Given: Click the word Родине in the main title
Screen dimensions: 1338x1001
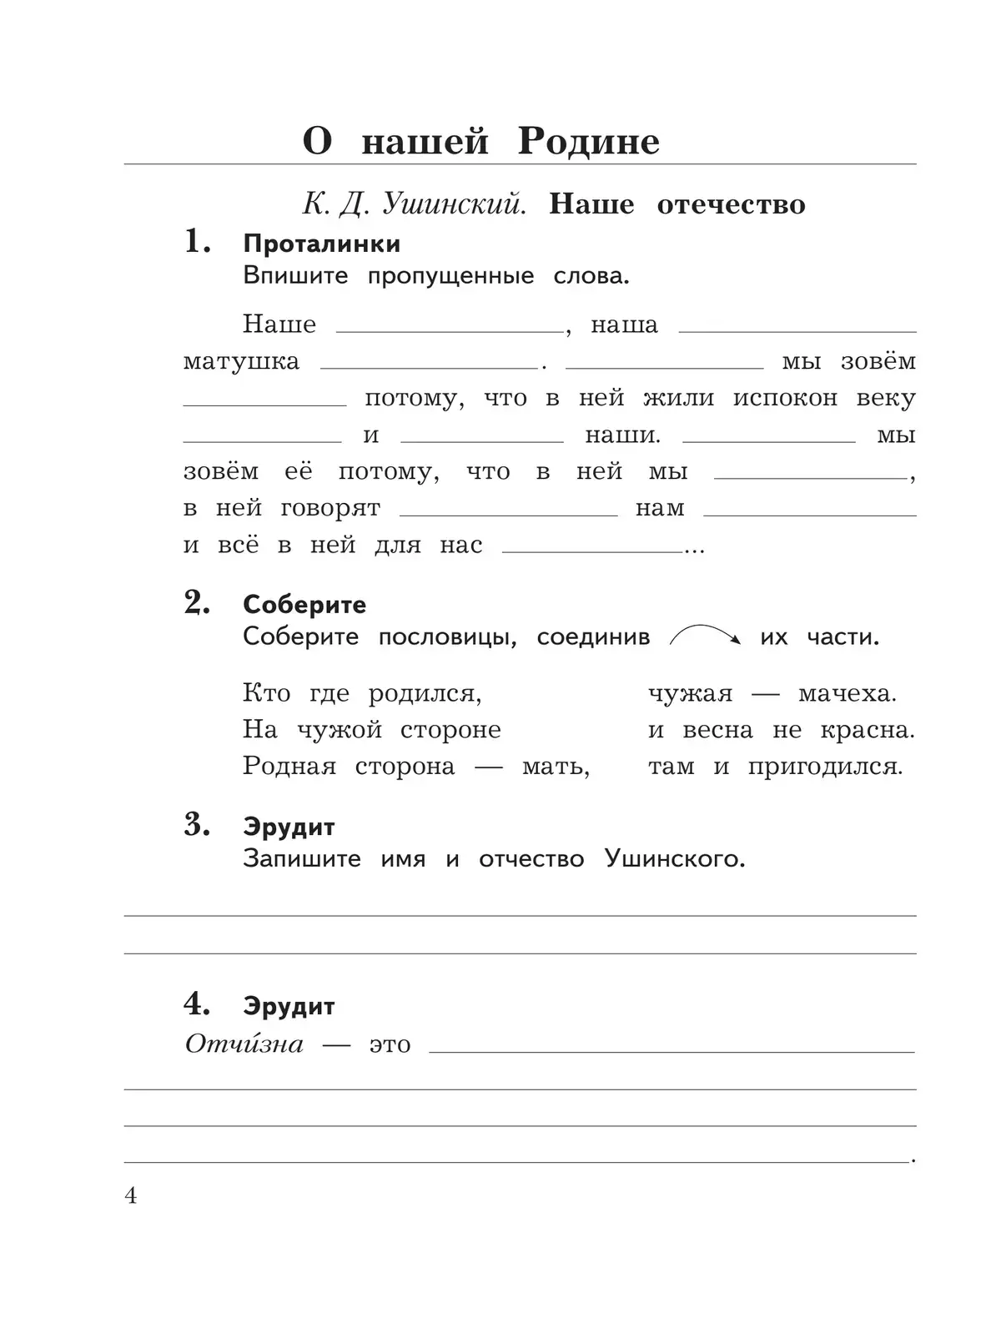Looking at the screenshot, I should [588, 141].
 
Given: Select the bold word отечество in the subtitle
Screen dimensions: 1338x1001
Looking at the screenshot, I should [731, 204].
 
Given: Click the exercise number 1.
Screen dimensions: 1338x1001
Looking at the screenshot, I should [196, 242].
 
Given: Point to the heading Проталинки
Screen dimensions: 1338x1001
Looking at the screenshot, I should [321, 244].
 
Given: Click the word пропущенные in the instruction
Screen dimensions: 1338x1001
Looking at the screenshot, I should [450, 276].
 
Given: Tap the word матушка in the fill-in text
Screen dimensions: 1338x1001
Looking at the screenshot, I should [241, 362].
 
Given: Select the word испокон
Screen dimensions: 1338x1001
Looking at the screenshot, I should [785, 399].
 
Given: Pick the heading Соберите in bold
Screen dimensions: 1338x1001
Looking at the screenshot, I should [304, 605].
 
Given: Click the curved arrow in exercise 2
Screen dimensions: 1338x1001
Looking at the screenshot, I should [705, 636].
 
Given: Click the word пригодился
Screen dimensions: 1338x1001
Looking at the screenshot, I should [825, 767].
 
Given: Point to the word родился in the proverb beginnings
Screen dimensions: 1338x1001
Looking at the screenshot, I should [425, 694].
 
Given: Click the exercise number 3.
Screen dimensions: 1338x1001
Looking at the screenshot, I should [196, 825].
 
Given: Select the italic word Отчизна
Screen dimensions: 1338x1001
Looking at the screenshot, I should [244, 1044].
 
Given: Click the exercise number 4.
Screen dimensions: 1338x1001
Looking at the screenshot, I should [196, 1004].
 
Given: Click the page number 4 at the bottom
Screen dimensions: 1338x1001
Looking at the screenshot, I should [131, 1196].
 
